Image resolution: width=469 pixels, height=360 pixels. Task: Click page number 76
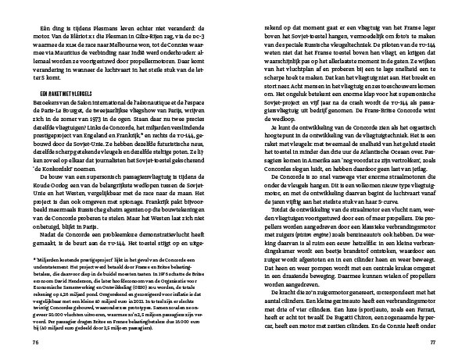36,341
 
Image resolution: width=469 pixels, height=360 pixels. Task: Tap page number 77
432,341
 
